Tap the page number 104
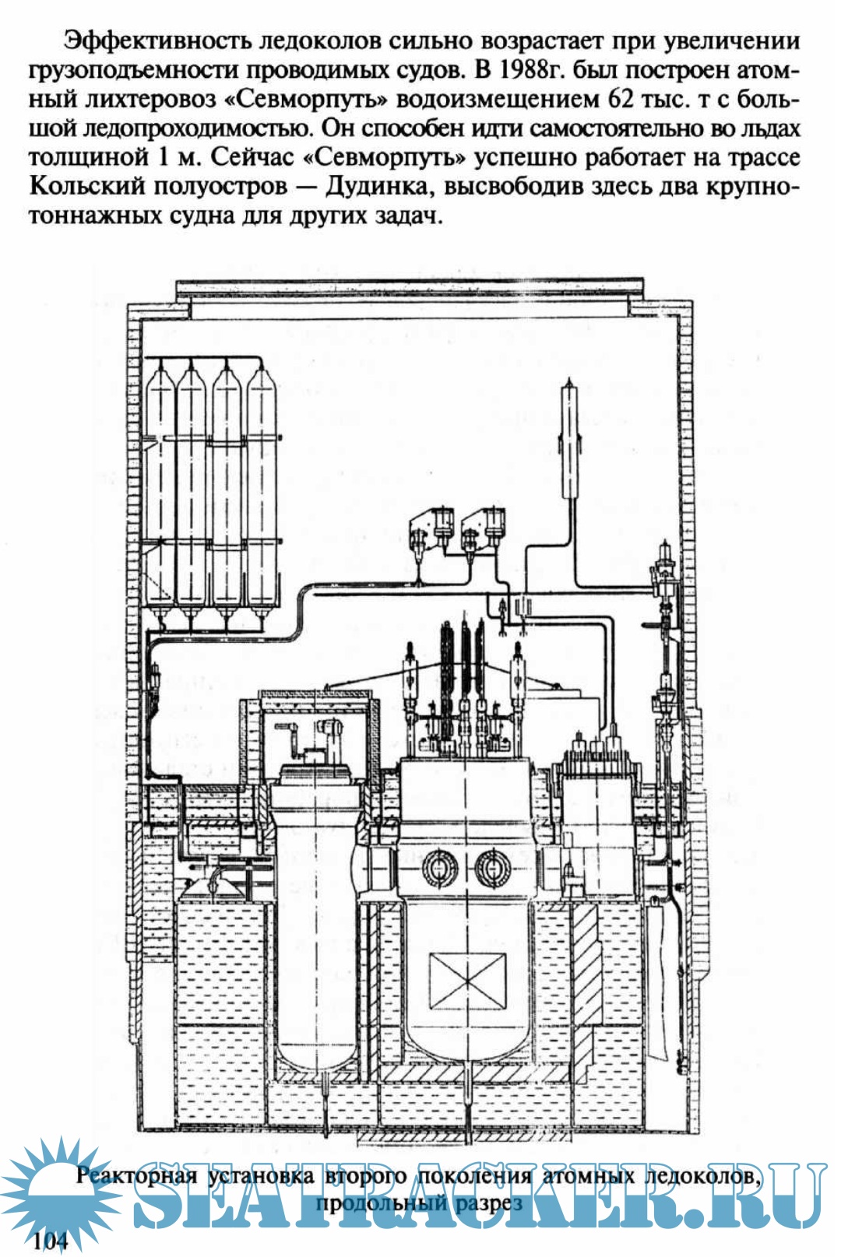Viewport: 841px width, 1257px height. click(51, 1240)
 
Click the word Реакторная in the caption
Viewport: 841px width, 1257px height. click(136, 1174)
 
